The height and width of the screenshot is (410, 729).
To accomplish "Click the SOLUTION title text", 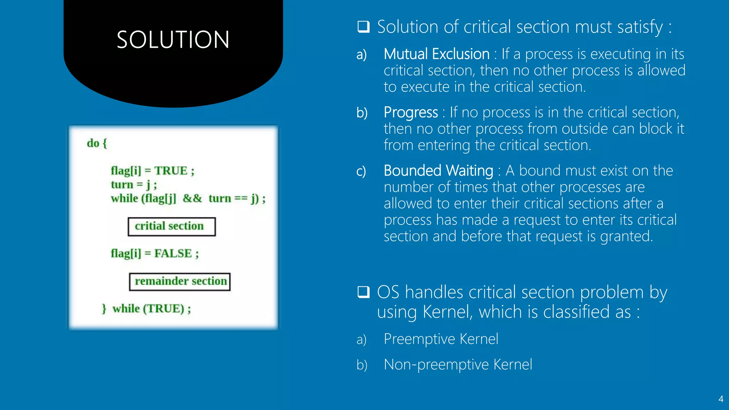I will (x=173, y=40).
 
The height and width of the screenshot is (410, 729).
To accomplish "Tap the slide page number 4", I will (x=720, y=399).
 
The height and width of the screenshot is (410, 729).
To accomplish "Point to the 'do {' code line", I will (x=97, y=143).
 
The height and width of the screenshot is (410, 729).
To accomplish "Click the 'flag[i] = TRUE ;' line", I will (x=152, y=171).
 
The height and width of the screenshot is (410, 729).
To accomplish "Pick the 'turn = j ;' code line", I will (x=133, y=185).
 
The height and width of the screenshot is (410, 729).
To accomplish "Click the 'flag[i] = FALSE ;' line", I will (x=154, y=253).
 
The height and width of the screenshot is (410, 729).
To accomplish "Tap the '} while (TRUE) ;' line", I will (x=147, y=309).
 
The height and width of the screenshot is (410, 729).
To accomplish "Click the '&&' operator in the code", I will (x=192, y=198).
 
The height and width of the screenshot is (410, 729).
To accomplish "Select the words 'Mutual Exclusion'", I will (x=436, y=54).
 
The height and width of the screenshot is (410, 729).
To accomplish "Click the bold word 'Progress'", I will (x=410, y=112).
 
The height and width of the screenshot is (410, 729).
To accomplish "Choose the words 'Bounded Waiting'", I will (x=438, y=171).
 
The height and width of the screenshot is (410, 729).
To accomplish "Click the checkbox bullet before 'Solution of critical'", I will (x=363, y=27).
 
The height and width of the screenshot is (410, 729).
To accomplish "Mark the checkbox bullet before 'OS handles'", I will (x=363, y=292).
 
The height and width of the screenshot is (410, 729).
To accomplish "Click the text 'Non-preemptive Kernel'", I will (x=458, y=364).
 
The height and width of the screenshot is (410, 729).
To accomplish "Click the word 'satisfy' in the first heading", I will (x=640, y=27).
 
